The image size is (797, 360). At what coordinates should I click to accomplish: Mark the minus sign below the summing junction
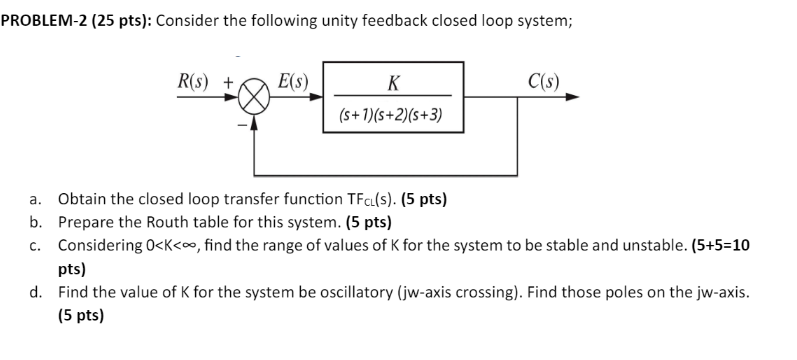point(241,126)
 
